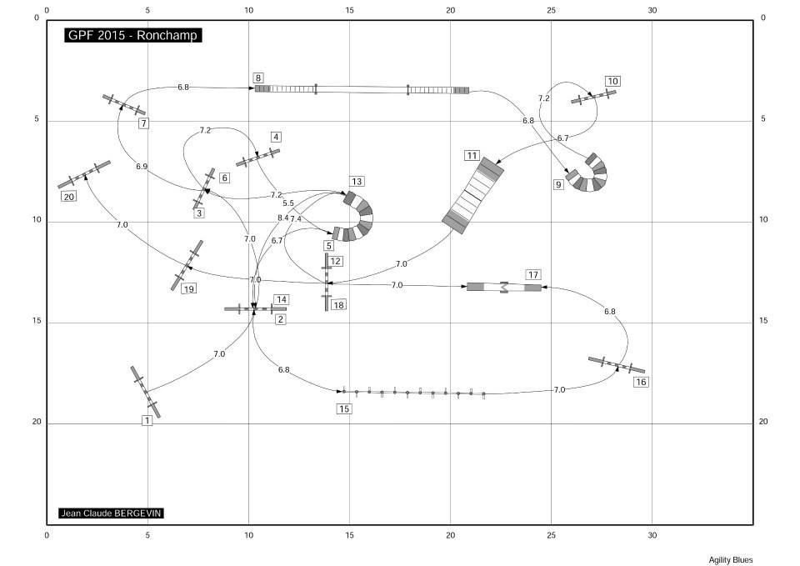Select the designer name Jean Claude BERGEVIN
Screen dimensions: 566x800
[111, 513]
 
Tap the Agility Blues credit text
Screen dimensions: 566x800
[730, 560]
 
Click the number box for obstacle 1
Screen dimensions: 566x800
[147, 421]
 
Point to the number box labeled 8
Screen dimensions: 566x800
[259, 78]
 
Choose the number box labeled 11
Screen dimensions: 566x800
[472, 156]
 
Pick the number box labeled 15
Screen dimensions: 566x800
[344, 408]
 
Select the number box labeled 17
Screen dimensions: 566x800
[533, 274]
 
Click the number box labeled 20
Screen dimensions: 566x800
[68, 197]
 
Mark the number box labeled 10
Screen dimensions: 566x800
[612, 81]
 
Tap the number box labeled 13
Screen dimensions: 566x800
[357, 182]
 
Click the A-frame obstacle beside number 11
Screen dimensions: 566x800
[473, 196]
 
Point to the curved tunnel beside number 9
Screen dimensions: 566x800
[590, 174]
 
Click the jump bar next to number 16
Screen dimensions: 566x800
[617, 365]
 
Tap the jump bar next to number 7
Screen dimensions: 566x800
[124, 105]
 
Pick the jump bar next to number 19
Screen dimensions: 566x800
[187, 265]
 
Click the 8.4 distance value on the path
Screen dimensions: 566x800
[282, 218]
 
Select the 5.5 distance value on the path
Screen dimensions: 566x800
[287, 203]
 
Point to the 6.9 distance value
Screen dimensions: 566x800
[142, 167]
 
